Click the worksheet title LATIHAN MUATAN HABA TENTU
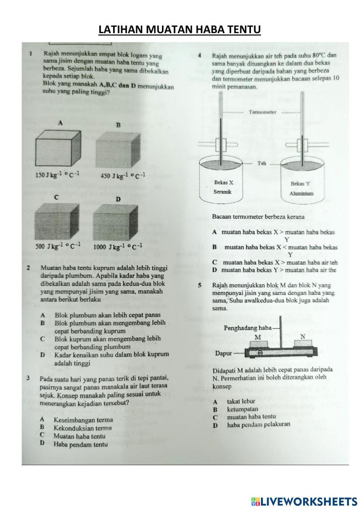click(x=179, y=30)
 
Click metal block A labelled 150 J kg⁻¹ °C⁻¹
click(x=58, y=148)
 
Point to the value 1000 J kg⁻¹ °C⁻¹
click(x=118, y=247)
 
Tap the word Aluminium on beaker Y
click(x=301, y=193)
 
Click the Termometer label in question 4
click(x=262, y=112)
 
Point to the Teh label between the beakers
click(x=262, y=164)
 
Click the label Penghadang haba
click(x=247, y=328)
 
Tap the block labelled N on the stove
click(x=303, y=344)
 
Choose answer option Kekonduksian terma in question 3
click(x=82, y=428)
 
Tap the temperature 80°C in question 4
click(x=319, y=55)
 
